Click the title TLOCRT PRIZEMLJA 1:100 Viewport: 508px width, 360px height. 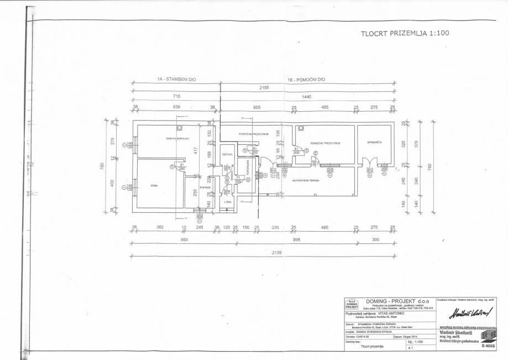coord(405,33)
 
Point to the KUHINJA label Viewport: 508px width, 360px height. coord(205,188)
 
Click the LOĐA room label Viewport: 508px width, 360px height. coord(228,202)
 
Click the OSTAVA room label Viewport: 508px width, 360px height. coord(227,154)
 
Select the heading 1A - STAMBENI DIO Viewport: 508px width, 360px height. coord(176,80)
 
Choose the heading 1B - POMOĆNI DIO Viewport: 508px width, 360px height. coord(306,80)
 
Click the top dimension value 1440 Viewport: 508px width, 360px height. coord(307,97)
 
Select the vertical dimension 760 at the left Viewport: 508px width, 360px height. coord(102,166)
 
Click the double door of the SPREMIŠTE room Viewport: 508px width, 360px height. coord(369,164)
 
